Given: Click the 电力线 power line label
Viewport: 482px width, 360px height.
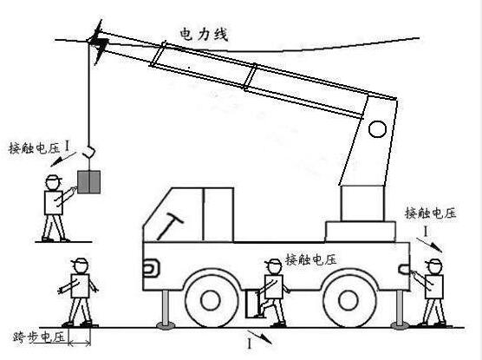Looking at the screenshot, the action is [x=204, y=34].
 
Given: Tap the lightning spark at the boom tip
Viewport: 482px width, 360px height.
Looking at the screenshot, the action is [x=99, y=42].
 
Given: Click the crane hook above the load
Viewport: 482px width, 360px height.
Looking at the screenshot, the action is [x=89, y=153].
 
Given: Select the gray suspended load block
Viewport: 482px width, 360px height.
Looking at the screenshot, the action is [x=88, y=182].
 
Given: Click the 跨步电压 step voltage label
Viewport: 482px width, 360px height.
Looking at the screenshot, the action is [x=39, y=337].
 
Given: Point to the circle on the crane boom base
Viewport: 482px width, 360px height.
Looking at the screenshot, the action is [x=377, y=129].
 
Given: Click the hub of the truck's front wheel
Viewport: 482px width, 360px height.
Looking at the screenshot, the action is [x=211, y=300].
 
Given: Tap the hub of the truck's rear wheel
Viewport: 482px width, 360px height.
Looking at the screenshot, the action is [x=348, y=300].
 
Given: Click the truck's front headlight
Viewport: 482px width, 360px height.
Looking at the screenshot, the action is [x=151, y=267].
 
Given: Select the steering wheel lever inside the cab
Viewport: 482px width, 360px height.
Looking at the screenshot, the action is [x=170, y=227].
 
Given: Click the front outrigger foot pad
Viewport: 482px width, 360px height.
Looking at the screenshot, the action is [x=166, y=325].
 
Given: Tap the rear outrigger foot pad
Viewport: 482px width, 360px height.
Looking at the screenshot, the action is [x=400, y=325].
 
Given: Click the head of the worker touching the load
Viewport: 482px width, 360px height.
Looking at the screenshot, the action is [x=53, y=182].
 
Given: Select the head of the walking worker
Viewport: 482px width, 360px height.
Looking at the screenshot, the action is [x=80, y=265].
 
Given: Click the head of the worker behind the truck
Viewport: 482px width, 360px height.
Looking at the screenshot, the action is [x=433, y=266].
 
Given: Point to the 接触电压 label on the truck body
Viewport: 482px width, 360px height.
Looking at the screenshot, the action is [x=311, y=260].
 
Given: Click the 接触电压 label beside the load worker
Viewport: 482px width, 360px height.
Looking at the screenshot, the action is [x=35, y=148].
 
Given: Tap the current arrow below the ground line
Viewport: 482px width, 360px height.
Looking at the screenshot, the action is [x=259, y=337].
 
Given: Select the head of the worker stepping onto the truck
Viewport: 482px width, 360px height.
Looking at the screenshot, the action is [x=273, y=266].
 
